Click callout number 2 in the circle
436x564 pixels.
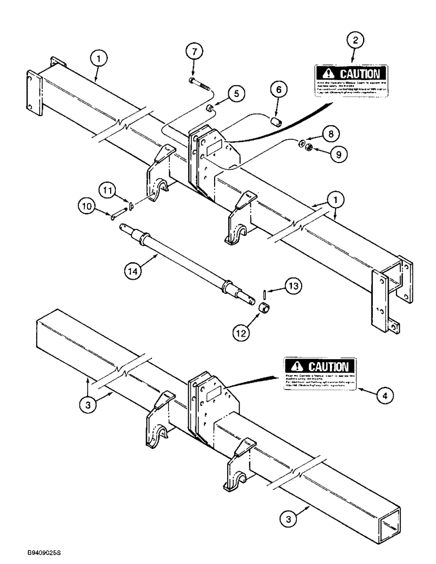click(x=355, y=40)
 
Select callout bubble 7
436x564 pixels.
click(x=194, y=52)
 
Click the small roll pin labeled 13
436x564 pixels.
click(x=264, y=295)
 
